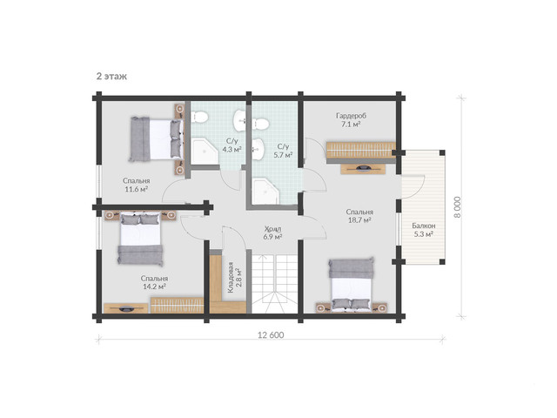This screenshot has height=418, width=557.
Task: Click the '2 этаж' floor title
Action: click(x=111, y=77)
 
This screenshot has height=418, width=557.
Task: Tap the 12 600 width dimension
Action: click(x=271, y=334)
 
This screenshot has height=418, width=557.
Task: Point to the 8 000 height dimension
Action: click(x=458, y=207)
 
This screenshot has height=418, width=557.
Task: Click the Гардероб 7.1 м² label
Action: click(x=351, y=120)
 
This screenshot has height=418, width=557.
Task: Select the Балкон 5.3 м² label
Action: click(x=424, y=230)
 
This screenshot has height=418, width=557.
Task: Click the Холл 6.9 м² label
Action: click(x=272, y=233)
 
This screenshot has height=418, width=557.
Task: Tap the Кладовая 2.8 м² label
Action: click(x=235, y=277)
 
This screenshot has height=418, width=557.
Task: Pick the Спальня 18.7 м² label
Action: click(x=359, y=216)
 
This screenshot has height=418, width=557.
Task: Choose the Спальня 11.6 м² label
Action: click(x=137, y=185)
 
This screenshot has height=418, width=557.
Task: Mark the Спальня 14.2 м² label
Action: click(x=154, y=282)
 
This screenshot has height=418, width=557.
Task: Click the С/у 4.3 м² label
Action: click(x=232, y=145)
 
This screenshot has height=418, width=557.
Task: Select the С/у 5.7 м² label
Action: click(x=283, y=151)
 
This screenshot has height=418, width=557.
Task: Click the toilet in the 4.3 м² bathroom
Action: click(x=199, y=117)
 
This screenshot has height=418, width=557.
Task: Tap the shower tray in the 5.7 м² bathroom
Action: click(x=266, y=192)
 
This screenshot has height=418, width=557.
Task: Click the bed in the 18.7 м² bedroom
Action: click(x=352, y=285)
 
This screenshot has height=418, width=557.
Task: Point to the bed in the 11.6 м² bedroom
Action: click(x=157, y=139)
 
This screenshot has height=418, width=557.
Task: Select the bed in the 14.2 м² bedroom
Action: click(x=140, y=239)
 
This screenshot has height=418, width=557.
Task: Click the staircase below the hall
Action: click(x=274, y=284)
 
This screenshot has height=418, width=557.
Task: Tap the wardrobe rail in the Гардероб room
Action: click(x=361, y=151)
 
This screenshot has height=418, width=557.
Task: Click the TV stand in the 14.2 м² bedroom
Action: click(x=125, y=308)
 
